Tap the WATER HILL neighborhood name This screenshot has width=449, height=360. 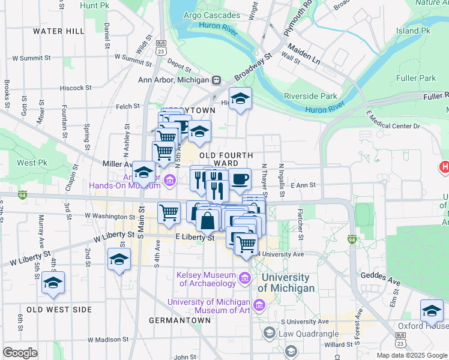(x=58, y=31)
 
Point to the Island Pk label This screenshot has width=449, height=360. (x=414, y=30)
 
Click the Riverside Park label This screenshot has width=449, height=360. (x=310, y=96)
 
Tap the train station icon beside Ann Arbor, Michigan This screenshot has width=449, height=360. (x=216, y=80)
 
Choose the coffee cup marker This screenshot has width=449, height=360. (x=240, y=178)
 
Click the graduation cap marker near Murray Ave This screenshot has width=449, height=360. (x=53, y=283)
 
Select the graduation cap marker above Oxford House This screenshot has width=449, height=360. (x=432, y=310)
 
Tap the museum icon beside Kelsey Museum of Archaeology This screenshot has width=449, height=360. (x=244, y=278)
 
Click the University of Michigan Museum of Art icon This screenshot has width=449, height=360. (x=259, y=306)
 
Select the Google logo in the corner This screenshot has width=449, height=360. (x=20, y=353)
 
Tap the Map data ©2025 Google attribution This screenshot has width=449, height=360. (x=411, y=355)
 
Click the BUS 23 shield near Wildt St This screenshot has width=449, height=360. (x=160, y=47)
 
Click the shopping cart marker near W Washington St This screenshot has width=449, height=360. (x=169, y=212)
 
